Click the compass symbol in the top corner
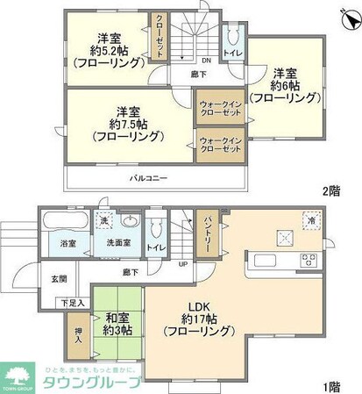pyautogui.click(x=344, y=15)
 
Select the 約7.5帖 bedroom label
pyautogui.click(x=128, y=124)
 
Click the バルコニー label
pyautogui.click(x=149, y=178)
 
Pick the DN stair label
pyautogui.click(x=204, y=60)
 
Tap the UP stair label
pyautogui.click(x=181, y=263)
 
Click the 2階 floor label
pyautogui.click(x=330, y=190)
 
